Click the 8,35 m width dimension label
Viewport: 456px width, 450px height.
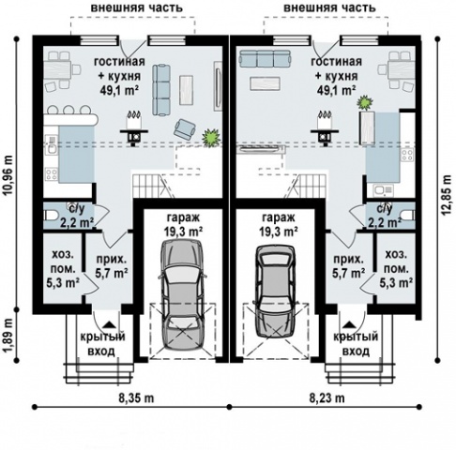coord(136,398)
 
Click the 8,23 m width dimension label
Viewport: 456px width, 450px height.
coord(327,398)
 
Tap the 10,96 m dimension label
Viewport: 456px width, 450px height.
coord(8,175)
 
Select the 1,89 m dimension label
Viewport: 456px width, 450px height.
coord(8,336)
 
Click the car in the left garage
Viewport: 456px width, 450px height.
coord(183,294)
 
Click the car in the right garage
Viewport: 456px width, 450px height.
coord(275,291)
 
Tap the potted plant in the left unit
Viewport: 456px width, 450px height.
coord(211,137)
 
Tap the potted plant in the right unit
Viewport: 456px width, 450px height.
coord(365,103)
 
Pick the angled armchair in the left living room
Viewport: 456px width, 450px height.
coord(185,128)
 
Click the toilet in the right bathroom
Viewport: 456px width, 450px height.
coord(407,216)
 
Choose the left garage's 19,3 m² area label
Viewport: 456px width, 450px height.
coord(183,232)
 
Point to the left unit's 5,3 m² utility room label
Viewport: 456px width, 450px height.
coord(63,283)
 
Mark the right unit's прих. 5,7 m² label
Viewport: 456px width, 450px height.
coord(348,266)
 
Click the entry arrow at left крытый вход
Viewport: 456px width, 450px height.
coord(109,324)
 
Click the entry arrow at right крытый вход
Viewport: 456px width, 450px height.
coord(348,324)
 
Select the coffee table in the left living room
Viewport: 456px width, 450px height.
coord(186,90)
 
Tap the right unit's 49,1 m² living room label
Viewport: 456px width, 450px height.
coord(337,90)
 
